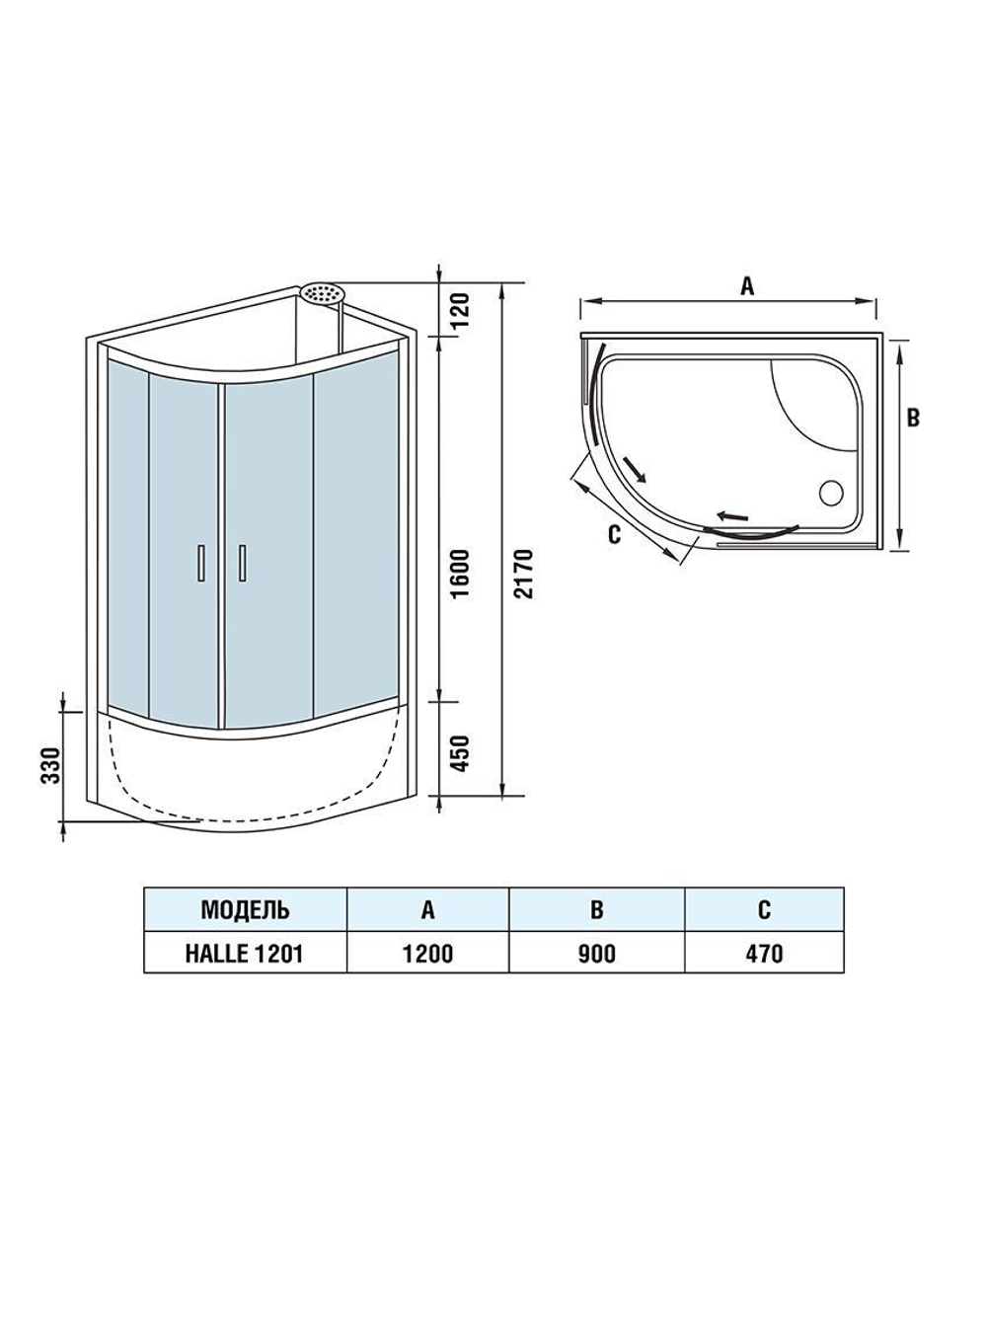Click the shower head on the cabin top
coord(323,293)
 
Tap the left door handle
coord(200,563)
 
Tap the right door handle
coord(240,563)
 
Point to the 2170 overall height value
coord(524,573)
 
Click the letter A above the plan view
coord(747,286)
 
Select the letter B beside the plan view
coord(913,417)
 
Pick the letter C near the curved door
coord(613,534)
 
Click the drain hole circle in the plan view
coord(830,489)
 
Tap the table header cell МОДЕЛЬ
coord(245,908)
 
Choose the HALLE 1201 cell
coord(245,953)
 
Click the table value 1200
coord(427,953)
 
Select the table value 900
coord(596,953)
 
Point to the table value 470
coord(764,953)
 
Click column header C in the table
coord(764,908)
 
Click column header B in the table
coord(596,908)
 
